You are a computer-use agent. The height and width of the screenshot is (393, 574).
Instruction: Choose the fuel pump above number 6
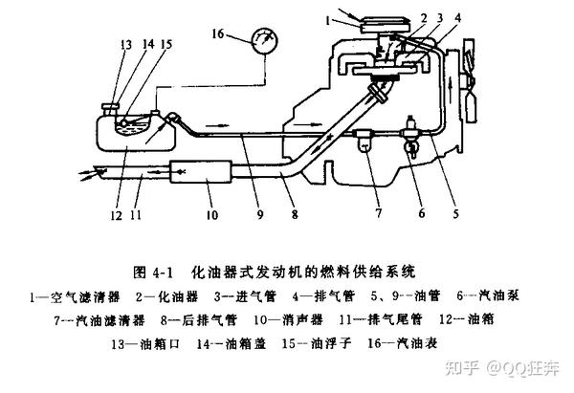411,130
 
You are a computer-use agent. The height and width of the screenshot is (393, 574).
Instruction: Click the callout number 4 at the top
433,17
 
